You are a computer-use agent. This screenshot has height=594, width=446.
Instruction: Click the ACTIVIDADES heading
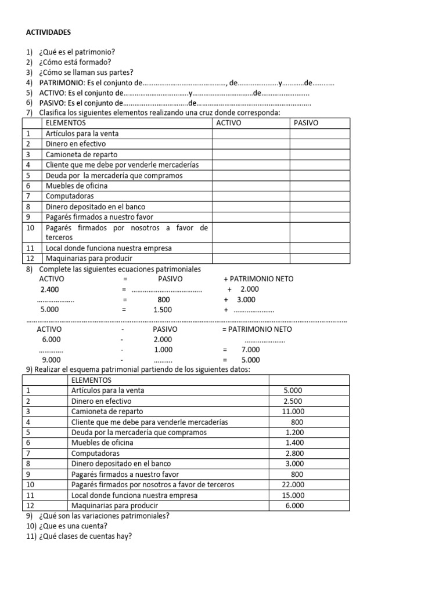pos(49,33)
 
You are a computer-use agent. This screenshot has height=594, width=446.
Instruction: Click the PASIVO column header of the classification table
pos(306,123)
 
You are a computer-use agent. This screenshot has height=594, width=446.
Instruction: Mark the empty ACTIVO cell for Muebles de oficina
pos(251,186)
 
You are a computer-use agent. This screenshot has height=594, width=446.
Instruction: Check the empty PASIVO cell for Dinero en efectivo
pos(320,144)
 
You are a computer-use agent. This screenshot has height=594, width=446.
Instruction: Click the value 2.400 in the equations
pos(49,289)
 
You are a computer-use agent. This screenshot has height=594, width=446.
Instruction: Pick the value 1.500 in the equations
pos(163,310)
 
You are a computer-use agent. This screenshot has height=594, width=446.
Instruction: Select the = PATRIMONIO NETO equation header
pos(257,329)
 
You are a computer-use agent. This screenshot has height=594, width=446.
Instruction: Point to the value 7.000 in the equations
pos(250,350)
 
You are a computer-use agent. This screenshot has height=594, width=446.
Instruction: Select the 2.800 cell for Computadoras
pos(293,453)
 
